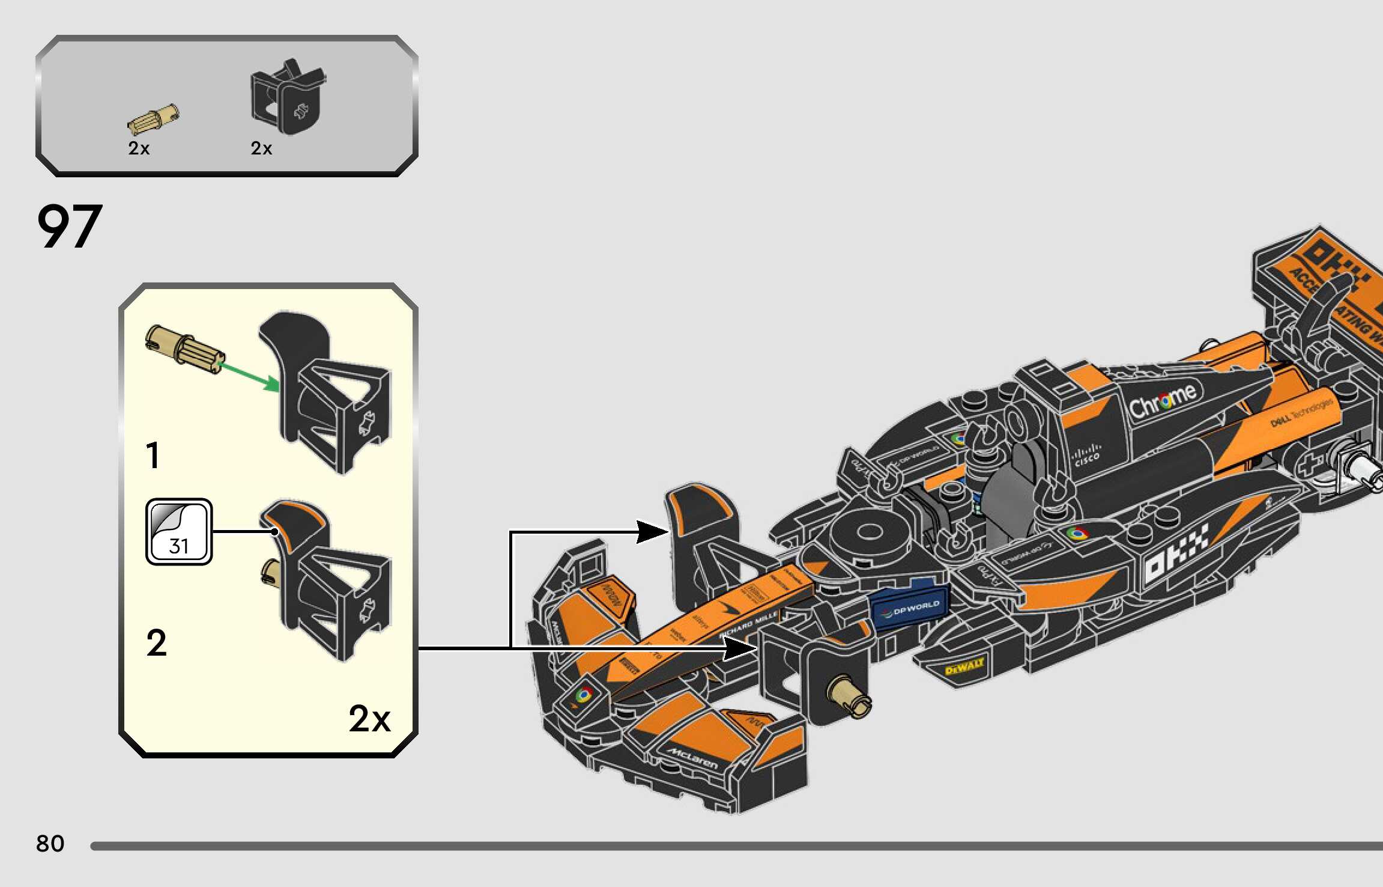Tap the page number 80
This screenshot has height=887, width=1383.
click(x=50, y=843)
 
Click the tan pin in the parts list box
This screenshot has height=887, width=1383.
click(x=153, y=119)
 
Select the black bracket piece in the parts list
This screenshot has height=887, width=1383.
click(x=286, y=98)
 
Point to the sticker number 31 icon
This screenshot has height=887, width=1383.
click(x=179, y=532)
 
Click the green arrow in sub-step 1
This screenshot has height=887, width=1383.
click(x=249, y=376)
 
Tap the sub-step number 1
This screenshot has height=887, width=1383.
click(x=153, y=455)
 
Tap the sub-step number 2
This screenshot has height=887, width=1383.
click(x=156, y=643)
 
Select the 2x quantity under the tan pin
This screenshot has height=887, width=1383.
click(x=139, y=148)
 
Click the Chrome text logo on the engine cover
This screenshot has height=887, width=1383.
click(x=1162, y=402)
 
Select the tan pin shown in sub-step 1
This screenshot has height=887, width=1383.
click(x=184, y=348)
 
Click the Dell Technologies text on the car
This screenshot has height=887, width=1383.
click(x=1302, y=414)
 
